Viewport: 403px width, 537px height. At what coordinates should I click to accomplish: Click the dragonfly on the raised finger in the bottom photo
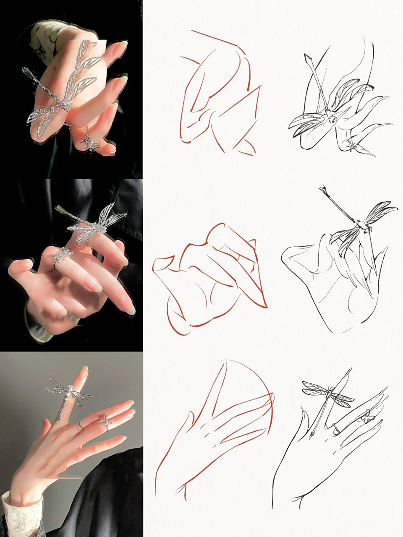tap(69, 392)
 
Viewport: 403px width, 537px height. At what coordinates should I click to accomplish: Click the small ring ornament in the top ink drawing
tap(353, 146)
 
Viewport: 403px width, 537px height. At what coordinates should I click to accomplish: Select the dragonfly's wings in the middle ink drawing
tap(378, 212)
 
